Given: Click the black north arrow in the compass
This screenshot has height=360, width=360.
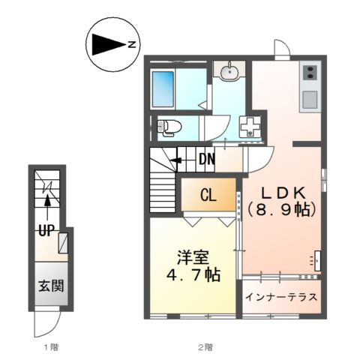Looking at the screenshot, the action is [108, 44].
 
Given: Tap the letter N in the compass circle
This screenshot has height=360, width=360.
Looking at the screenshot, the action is [132, 45].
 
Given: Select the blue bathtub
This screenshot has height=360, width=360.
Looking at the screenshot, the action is [163, 89].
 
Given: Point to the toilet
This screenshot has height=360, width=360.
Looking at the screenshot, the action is [169, 127].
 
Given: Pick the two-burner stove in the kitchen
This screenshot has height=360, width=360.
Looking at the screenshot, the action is [310, 72].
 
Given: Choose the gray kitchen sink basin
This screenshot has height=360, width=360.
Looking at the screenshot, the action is [310, 100].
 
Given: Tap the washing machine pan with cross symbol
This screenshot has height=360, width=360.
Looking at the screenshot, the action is [250, 127].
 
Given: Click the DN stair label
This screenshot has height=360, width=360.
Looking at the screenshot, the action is [207, 159].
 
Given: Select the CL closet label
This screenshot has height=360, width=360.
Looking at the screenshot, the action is [208, 195].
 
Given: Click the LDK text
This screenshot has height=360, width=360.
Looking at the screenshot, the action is [283, 193].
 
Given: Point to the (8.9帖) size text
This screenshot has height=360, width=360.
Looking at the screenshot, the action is [282, 210].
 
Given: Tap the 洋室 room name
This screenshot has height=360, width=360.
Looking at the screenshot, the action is [193, 257].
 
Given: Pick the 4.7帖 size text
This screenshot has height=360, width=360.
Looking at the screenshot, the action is [193, 274].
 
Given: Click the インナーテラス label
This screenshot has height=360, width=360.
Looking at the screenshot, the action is [281, 297].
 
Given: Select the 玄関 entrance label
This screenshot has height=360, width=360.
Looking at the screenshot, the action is [51, 286].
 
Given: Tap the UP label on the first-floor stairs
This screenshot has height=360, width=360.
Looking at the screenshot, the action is [46, 231].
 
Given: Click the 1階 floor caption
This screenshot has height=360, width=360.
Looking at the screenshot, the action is [51, 347].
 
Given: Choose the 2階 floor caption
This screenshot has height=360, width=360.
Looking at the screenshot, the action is [205, 347].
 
